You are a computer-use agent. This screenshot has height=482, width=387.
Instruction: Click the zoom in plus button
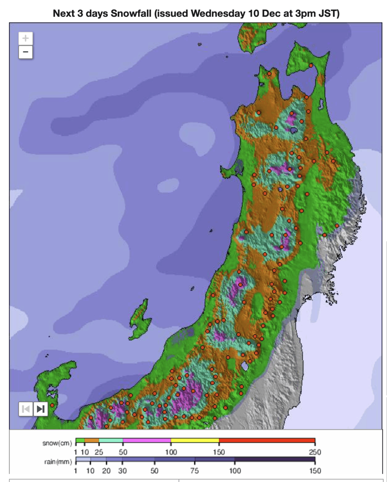click(x=25, y=38)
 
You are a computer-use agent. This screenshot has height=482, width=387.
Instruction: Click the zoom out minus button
click(x=25, y=52)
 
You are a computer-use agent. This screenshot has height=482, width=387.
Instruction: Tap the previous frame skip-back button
click(x=26, y=409)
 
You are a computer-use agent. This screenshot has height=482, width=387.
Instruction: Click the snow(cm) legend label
click(x=57, y=443)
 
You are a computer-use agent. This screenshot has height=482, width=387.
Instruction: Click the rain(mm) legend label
click(x=58, y=461)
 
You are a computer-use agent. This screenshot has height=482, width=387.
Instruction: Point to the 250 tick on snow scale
click(x=315, y=452)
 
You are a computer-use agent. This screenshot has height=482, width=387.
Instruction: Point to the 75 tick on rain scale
click(x=194, y=470)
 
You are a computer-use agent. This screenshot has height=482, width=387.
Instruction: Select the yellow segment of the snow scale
click(x=195, y=440)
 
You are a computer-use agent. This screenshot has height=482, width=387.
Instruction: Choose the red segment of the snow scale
click(x=267, y=440)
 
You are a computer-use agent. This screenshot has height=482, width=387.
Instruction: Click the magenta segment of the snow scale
click(x=147, y=440)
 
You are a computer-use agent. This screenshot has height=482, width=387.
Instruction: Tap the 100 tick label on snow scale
click(x=171, y=452)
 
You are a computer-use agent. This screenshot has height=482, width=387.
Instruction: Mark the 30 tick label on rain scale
click(x=122, y=470)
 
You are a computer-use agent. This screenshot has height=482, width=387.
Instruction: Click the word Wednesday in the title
click(x=218, y=14)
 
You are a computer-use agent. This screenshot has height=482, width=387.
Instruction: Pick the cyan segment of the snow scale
click(x=111, y=440)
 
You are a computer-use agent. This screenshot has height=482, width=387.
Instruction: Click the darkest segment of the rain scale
click(x=275, y=459)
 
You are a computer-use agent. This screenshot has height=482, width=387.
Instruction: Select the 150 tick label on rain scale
click(x=315, y=470)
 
